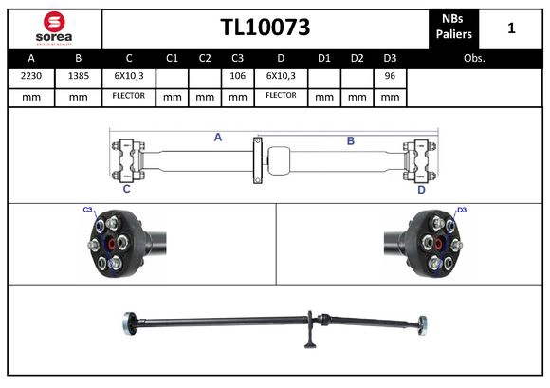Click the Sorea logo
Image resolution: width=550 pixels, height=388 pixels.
tap(54, 28)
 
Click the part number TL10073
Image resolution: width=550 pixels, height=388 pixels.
tap(265, 28)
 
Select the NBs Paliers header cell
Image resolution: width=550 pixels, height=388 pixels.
tap(455, 28)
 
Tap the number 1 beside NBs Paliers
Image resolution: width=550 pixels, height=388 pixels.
tap(511, 28)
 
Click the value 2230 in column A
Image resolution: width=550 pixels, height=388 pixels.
tap(31, 75)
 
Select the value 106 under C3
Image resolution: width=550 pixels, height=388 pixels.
tap(237, 75)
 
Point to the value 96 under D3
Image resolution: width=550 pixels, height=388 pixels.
tap(389, 75)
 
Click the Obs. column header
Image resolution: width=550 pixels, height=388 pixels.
tap(474, 58)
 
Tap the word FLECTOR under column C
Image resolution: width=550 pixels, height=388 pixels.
tap(128, 96)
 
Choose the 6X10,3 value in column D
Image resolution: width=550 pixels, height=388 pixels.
tap(282, 75)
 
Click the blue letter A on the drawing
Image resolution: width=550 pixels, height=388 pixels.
tap(217, 138)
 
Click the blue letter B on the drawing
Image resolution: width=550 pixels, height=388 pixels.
tap(350, 140)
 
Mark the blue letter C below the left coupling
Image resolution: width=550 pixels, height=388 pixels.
tap(126, 189)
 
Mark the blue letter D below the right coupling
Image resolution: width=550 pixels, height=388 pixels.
tap(422, 189)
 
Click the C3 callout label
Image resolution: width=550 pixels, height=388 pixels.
tap(87, 210)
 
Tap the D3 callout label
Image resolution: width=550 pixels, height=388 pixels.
tap(462, 210)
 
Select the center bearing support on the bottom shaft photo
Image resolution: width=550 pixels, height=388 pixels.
tap(309, 331)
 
